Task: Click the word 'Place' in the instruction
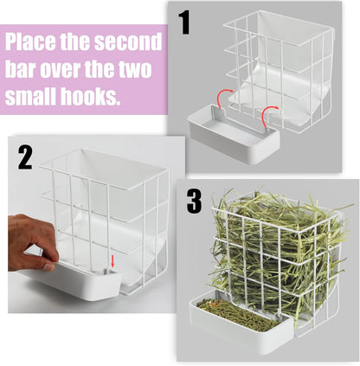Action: coord(34,43)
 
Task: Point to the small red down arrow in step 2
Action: coord(111,260)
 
